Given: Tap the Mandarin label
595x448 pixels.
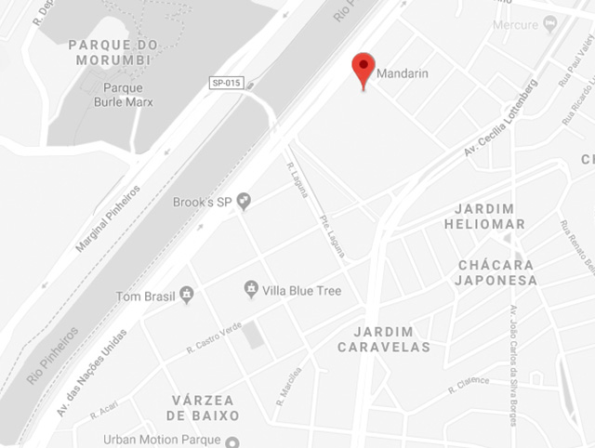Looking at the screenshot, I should (x=403, y=73).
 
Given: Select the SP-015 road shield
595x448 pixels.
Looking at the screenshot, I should (x=227, y=83).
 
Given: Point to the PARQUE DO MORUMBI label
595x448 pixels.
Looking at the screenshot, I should (x=112, y=53).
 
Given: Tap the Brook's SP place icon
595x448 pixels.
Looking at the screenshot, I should (x=244, y=200).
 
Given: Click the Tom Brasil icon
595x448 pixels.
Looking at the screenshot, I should (x=187, y=296).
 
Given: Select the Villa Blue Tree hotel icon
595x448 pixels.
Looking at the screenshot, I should (x=250, y=291).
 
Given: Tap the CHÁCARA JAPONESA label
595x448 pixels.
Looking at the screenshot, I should (x=497, y=271).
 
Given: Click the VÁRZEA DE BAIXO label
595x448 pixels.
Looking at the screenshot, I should (x=205, y=407).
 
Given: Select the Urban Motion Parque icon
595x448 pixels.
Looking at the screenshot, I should (x=233, y=441).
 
